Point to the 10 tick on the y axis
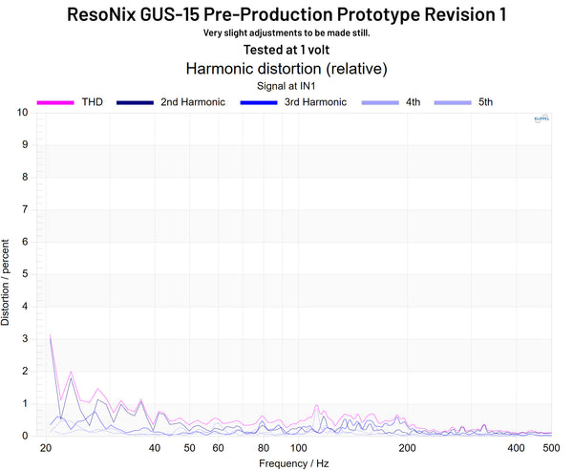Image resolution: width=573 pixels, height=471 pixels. pyautogui.click(x=22, y=113)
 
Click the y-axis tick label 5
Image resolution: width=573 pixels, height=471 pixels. pyautogui.click(x=25, y=274)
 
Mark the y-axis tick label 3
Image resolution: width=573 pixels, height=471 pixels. pyautogui.click(x=25, y=339)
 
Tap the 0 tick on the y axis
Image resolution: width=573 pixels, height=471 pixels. pyautogui.click(x=25, y=436)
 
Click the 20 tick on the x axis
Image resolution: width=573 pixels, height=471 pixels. pyautogui.click(x=46, y=448)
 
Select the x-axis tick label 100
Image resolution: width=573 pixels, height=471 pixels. pyautogui.click(x=299, y=448)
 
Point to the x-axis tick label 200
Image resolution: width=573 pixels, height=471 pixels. pyautogui.click(x=409, y=448)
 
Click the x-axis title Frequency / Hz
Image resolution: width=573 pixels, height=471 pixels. pyautogui.click(x=294, y=463)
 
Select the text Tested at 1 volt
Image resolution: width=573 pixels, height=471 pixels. pyautogui.click(x=286, y=50)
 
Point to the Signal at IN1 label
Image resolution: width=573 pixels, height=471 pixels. pyautogui.click(x=286, y=85)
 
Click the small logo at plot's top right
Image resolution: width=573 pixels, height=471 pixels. pyautogui.click(x=541, y=119)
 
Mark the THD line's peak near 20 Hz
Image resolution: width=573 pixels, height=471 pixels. pyautogui.click(x=50, y=335)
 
